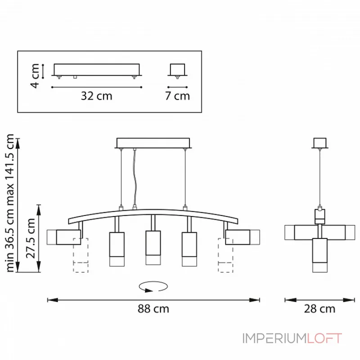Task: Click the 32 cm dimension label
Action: point(96,96)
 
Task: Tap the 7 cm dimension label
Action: point(177,96)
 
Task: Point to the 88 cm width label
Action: point(153,309)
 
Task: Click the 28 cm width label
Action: point(319,309)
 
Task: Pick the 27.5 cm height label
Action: point(31,238)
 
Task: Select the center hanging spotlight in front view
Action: point(153,247)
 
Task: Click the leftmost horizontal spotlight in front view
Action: point(63,237)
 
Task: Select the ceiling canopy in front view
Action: point(153,143)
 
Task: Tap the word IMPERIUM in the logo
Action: point(274,338)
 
